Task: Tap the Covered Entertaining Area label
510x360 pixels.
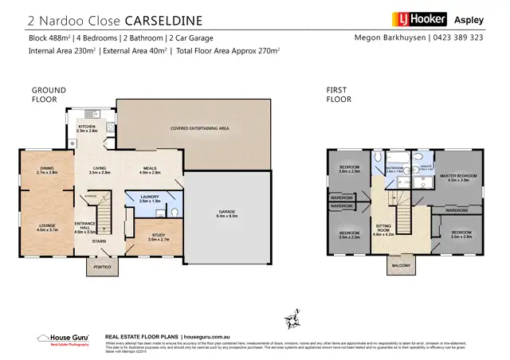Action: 199,127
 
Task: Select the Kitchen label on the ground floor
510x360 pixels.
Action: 87,127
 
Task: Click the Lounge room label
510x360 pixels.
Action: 47,227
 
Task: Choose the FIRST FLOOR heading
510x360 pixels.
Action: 339,95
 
